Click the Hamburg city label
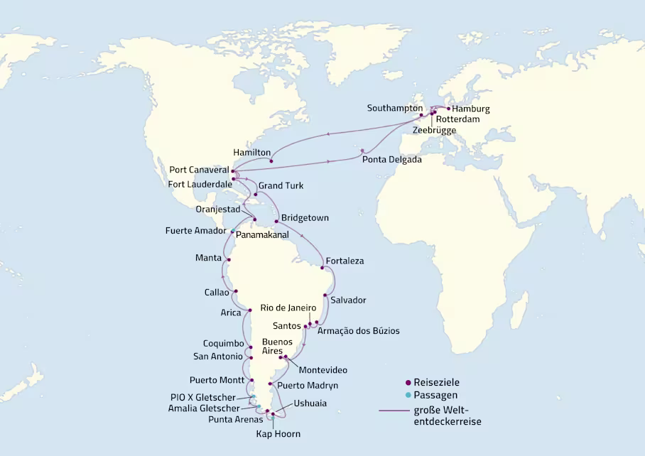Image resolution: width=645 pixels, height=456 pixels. click(x=471, y=109)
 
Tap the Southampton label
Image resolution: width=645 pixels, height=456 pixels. click(x=395, y=108)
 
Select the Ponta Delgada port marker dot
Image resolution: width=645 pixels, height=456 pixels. click(x=363, y=151)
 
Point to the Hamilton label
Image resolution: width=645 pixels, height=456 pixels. click(x=251, y=153)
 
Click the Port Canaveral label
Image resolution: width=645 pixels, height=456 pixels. click(x=199, y=170)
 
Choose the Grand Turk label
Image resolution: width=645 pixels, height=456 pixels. click(x=281, y=185)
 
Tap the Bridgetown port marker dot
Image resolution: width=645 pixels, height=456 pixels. click(x=276, y=222)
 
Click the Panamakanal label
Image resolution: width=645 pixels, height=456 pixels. click(x=261, y=233)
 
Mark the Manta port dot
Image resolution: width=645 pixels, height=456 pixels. click(x=229, y=260)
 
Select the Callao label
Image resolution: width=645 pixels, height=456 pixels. click(x=217, y=292)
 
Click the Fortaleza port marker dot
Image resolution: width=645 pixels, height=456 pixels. click(x=322, y=268)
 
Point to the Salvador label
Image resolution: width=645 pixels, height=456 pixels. click(x=348, y=300)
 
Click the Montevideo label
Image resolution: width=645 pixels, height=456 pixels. click(x=322, y=370)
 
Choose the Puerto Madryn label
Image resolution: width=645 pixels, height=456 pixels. click(x=307, y=386)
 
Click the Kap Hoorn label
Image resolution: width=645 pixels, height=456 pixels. click(x=278, y=433)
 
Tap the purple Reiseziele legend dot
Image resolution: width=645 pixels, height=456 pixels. click(x=408, y=382)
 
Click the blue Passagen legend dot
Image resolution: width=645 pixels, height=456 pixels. click(x=408, y=395)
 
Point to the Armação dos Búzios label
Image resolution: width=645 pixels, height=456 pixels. click(x=358, y=331)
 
